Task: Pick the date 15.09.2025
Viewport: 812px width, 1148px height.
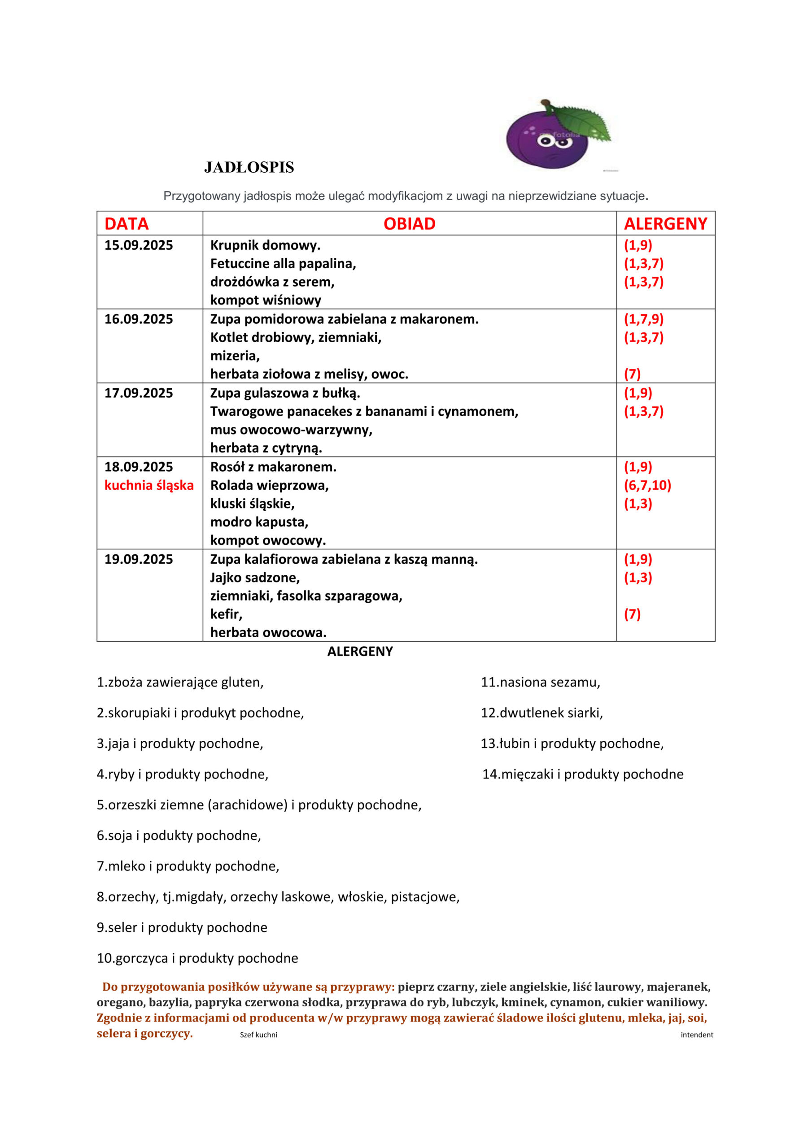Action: (139, 245)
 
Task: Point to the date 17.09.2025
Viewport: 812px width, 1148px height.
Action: (139, 393)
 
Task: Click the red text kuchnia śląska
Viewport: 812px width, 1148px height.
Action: (148, 485)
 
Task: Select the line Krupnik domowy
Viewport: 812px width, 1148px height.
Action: (265, 245)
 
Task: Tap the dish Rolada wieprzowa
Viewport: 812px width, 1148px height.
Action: (269, 485)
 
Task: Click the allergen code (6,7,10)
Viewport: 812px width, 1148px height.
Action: (647, 485)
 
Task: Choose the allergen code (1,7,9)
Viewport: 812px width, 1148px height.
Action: (643, 319)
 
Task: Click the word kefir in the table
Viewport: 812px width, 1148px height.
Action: (226, 614)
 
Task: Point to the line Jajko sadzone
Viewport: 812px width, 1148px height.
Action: (255, 578)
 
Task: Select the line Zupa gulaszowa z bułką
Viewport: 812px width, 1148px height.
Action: (285, 393)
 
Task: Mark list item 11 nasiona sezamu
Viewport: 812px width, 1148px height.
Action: (540, 683)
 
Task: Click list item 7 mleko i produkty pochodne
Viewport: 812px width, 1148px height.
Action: (188, 866)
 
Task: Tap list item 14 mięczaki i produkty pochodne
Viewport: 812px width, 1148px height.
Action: (582, 774)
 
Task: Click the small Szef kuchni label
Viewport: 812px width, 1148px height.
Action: (258, 1035)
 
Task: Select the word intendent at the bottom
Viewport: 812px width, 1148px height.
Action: (696, 1035)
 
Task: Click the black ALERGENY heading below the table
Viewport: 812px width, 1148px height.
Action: (360, 652)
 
